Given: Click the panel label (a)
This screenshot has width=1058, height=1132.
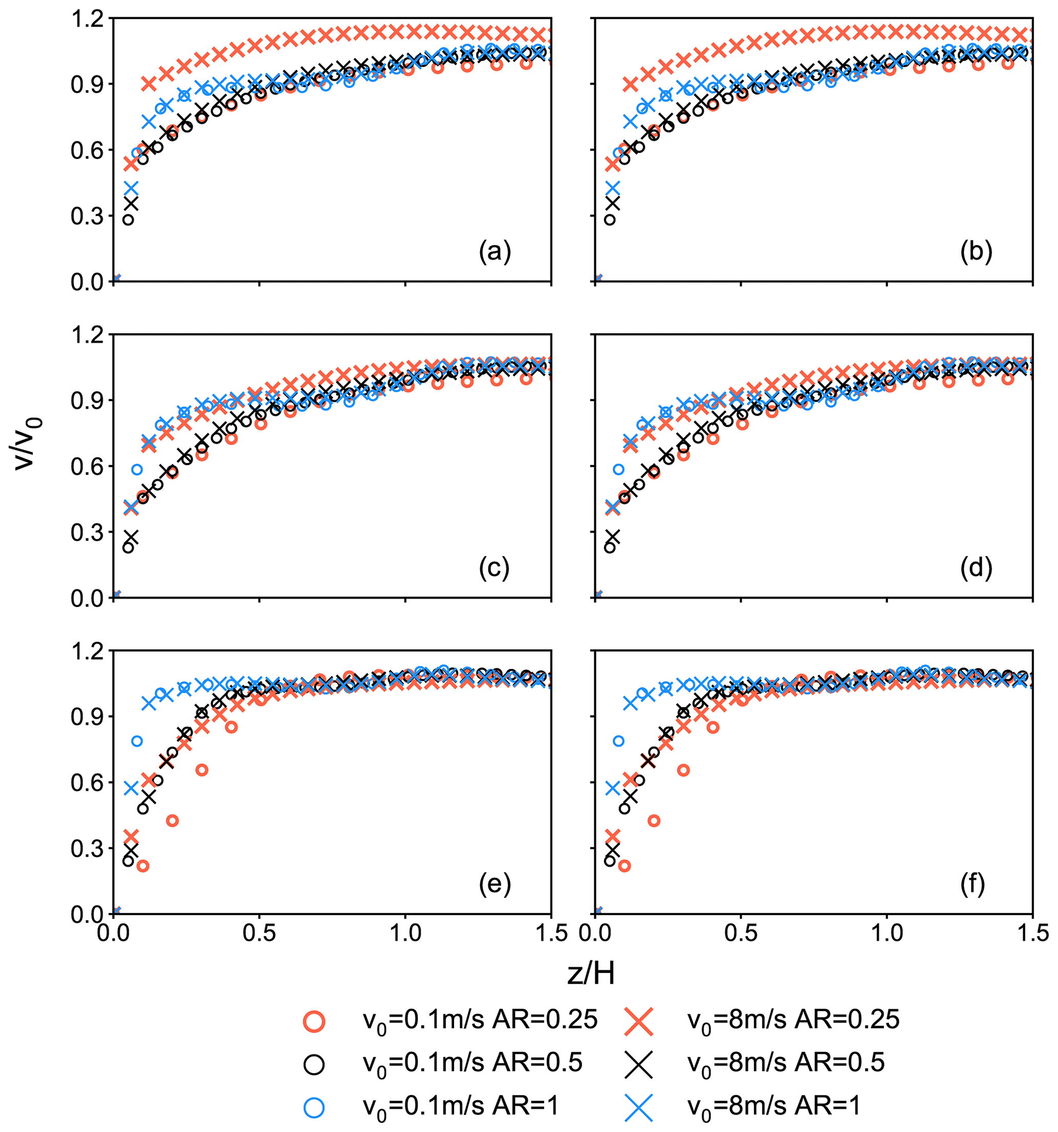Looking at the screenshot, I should click(495, 251).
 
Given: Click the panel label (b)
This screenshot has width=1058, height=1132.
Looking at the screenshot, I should click(976, 251).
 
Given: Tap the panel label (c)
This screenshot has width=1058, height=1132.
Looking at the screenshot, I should click(494, 568).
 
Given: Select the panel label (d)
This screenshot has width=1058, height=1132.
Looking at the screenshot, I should click(976, 568).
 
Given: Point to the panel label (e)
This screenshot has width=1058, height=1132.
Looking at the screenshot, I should click(495, 884).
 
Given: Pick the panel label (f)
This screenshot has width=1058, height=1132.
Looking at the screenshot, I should click(973, 884).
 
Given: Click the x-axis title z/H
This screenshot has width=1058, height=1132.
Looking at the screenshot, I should click(592, 974).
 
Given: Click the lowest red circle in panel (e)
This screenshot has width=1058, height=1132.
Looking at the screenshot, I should click(143, 866).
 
